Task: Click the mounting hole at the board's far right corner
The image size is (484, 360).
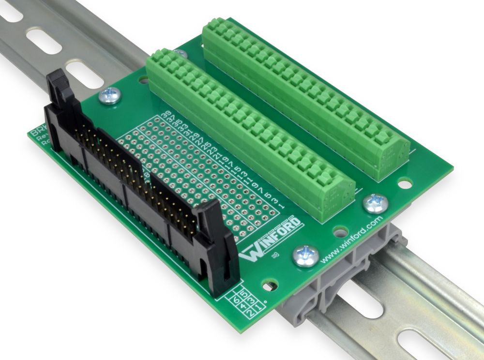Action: point(406,183)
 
